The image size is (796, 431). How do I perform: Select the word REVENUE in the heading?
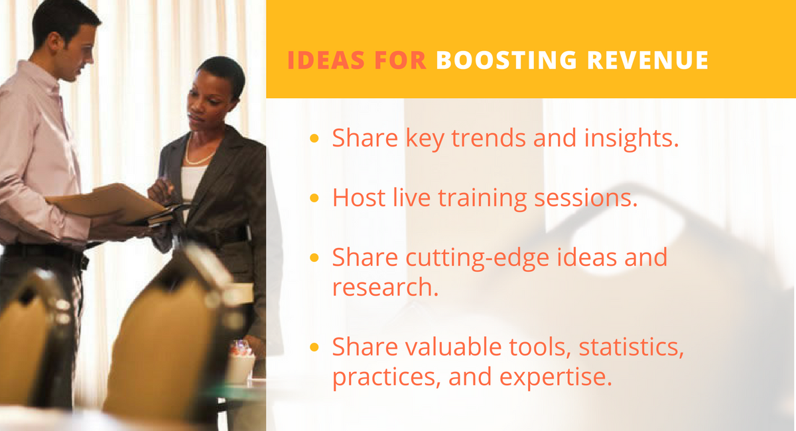pos(657,60)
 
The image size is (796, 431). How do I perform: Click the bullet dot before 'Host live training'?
pos(315,198)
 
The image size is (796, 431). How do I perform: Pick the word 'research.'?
pos(385,286)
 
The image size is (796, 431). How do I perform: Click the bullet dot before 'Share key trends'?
pos(315,139)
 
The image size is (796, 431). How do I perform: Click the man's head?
pos(66,33)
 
